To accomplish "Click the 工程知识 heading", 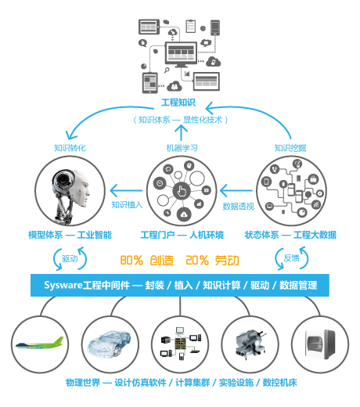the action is (x=178, y=103).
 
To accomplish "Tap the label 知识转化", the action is (x=70, y=148).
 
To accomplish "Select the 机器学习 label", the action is (x=182, y=148).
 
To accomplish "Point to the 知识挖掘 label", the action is (x=290, y=148).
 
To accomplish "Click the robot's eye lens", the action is (x=63, y=180).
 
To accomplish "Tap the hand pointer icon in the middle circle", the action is (x=182, y=191).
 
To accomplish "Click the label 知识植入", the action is (x=127, y=204).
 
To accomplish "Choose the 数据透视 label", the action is (x=239, y=206).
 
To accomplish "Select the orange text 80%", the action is (x=131, y=260).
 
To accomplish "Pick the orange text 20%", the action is (x=197, y=260).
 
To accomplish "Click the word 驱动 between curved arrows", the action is (x=70, y=258).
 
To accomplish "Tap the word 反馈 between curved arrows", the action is (x=291, y=258).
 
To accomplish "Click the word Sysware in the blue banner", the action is (x=63, y=285).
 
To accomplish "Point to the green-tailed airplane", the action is (x=40, y=344).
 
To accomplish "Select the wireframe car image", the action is (x=110, y=344).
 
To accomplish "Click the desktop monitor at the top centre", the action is (x=181, y=54).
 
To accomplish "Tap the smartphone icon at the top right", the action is (x=215, y=27).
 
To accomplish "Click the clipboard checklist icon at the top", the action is (x=191, y=26).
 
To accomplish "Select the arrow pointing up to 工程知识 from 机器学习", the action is (x=181, y=133).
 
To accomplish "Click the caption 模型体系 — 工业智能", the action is (x=70, y=235).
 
